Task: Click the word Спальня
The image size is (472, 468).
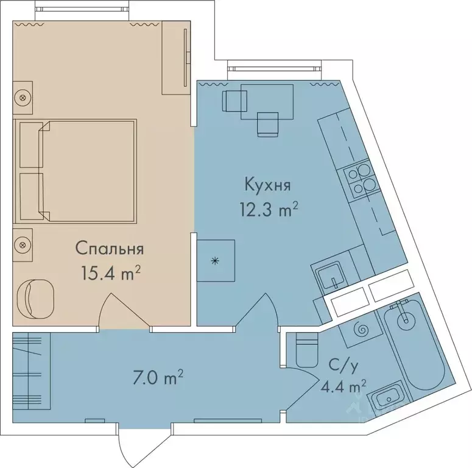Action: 109,249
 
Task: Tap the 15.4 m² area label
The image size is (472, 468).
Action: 111,273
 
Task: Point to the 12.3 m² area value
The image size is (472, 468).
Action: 269,210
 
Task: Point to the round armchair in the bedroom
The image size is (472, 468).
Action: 38,297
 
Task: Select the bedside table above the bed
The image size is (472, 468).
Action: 23,97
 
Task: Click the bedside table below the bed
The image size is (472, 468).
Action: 23,244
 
